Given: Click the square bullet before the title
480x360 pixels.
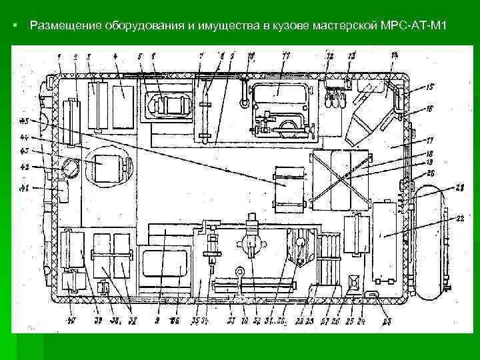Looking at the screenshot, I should click(15, 26).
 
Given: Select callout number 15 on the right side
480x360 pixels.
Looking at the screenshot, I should click(430, 87).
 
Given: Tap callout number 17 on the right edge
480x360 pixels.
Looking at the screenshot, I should click(430, 141).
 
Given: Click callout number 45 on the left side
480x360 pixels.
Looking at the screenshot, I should click(25, 121).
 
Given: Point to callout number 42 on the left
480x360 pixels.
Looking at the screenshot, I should click(25, 167).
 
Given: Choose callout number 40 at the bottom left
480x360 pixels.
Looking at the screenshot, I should click(71, 321).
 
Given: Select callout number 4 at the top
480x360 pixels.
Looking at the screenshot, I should click(116, 55).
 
